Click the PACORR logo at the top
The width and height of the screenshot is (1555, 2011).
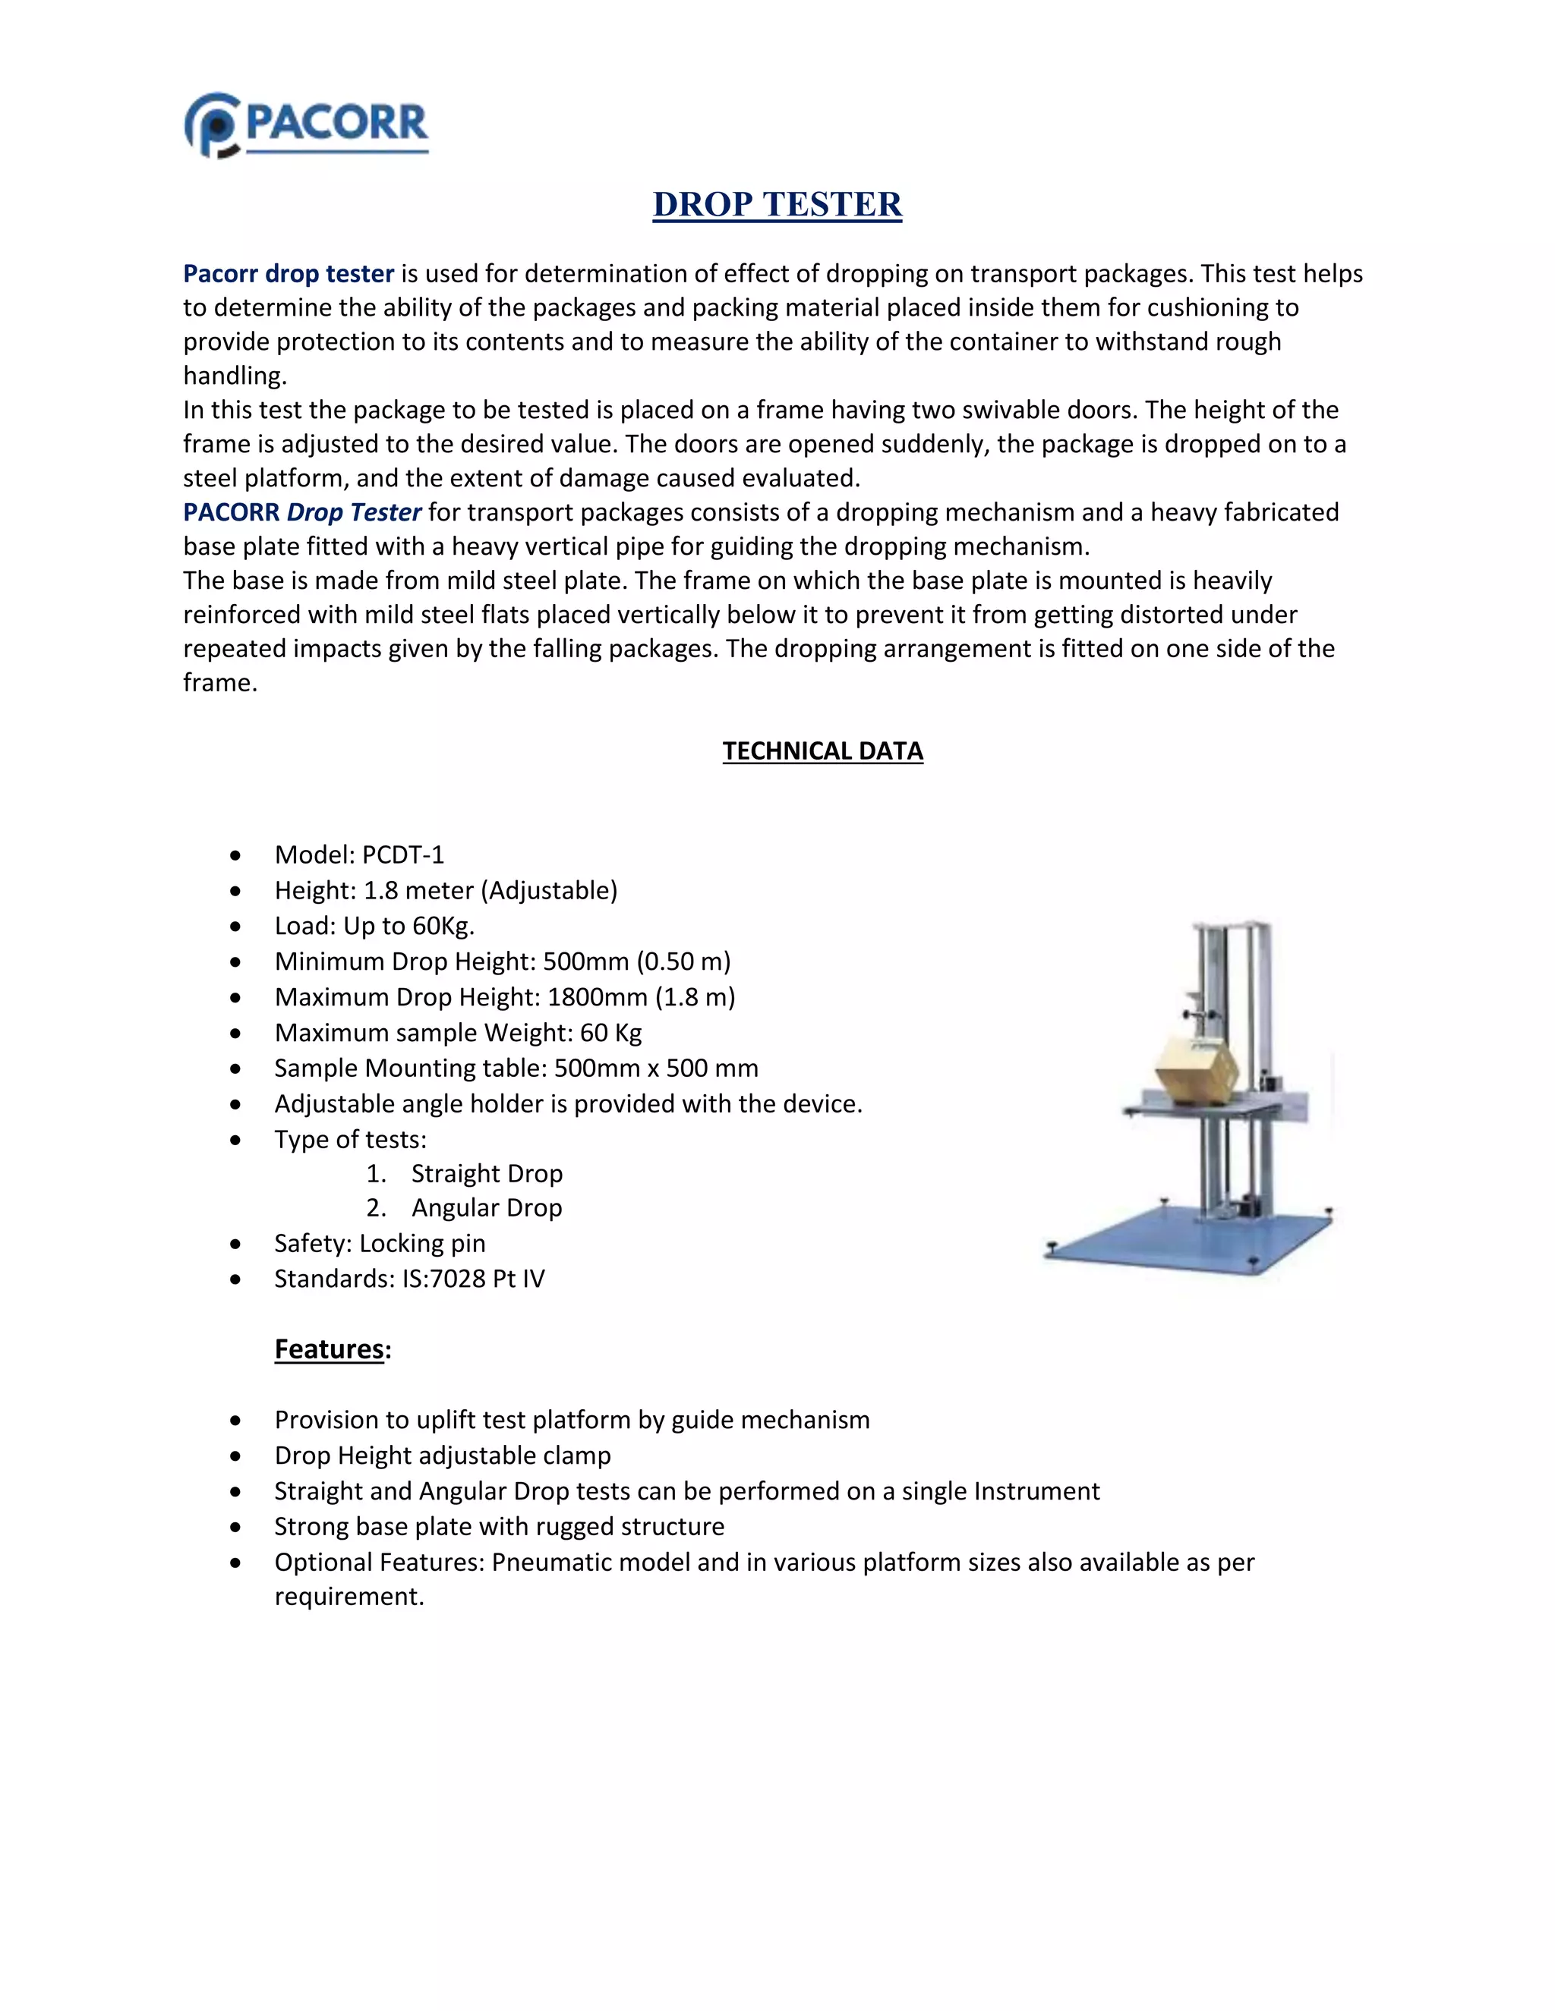pos(307,125)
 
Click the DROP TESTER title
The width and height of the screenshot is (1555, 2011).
pos(777,204)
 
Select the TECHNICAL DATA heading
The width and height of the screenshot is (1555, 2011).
pos(822,751)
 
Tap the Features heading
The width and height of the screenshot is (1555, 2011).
pos(330,1349)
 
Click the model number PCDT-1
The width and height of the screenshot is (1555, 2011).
pos(402,855)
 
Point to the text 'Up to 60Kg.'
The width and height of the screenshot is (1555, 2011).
pos(408,927)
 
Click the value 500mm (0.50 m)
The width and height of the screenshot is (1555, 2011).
pos(636,962)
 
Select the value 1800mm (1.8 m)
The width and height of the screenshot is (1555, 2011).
pos(641,997)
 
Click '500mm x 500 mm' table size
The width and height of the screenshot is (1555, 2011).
pos(656,1068)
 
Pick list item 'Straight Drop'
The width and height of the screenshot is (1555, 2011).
pos(487,1174)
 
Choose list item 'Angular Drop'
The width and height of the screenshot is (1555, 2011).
pos(487,1208)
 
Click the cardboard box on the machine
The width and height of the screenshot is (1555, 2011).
pos(1196,1071)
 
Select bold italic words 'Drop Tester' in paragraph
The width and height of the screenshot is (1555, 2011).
pos(354,513)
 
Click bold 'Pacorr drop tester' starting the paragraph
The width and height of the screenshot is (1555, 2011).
pos(289,275)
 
